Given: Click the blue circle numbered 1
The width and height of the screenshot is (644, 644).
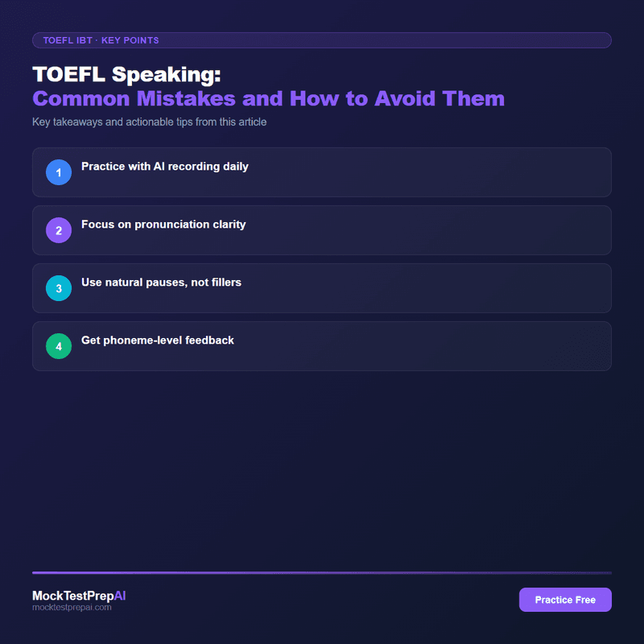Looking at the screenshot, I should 59,172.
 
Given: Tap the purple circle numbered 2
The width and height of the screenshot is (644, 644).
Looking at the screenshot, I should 59,230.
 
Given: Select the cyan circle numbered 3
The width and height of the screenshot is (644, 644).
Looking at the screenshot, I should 59,288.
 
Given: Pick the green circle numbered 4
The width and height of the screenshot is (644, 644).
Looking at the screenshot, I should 59,346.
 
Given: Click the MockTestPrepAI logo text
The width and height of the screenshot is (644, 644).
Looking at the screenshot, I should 79,596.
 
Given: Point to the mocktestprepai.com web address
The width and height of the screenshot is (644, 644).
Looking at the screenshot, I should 72,608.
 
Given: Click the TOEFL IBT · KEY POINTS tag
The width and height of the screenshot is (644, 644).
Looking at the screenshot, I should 101,39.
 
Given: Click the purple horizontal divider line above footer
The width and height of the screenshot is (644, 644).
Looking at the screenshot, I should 322,572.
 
